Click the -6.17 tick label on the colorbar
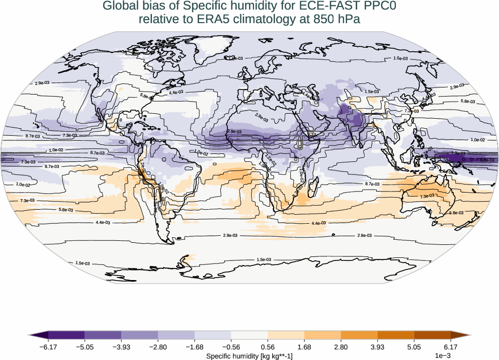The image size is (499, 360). tap(48, 347)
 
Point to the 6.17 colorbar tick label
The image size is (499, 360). tap(451, 347)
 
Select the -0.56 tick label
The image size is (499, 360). tap(231, 347)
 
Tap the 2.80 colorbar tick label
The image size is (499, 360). tap(341, 347)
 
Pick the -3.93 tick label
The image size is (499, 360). tap(121, 347)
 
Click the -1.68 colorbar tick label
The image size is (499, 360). tap(194, 347)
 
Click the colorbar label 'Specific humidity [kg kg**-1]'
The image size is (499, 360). tap(249, 355)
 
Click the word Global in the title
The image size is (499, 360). tap(119, 7)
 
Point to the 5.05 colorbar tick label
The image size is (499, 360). tap(414, 347)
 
